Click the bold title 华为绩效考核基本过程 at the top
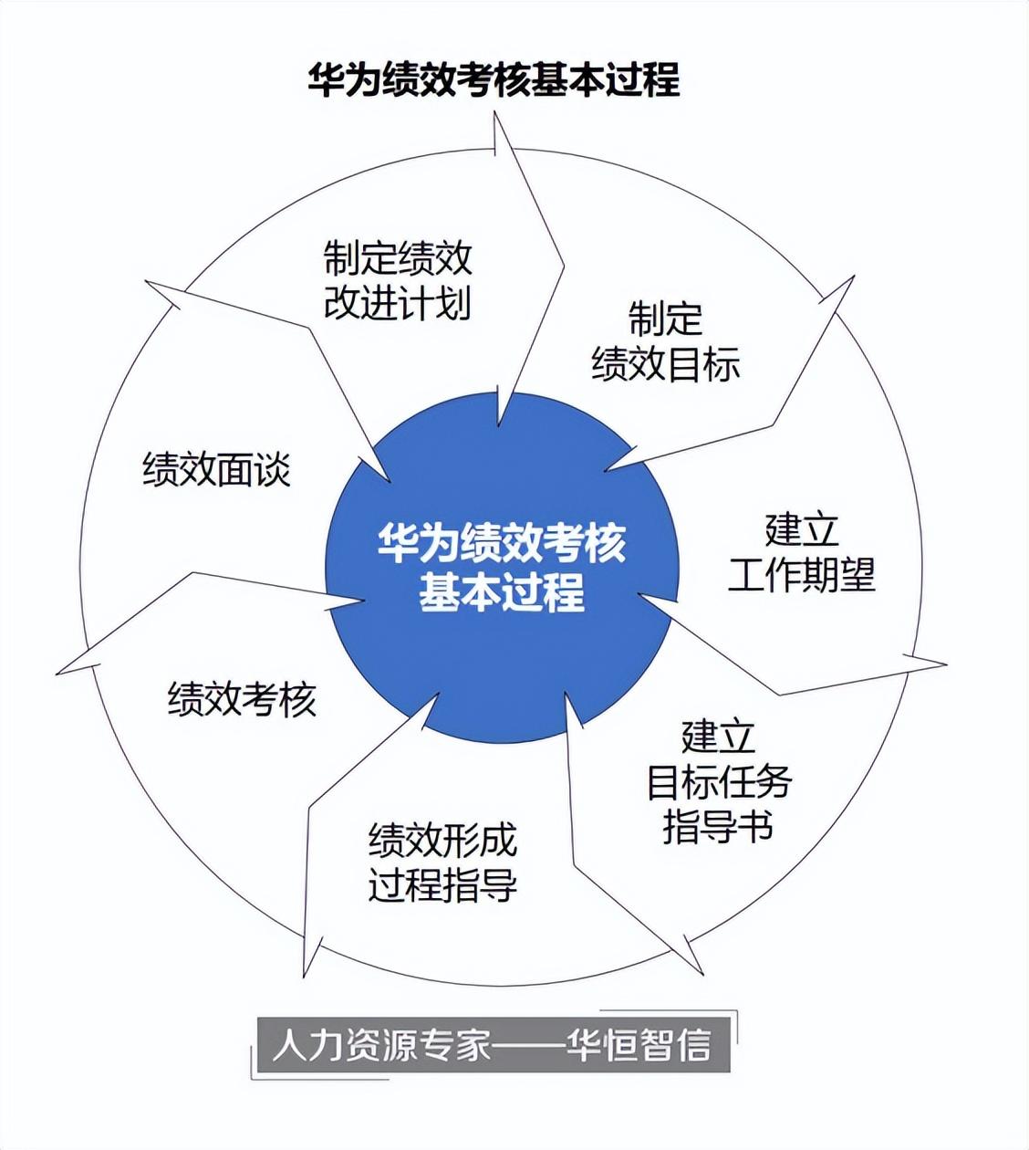[x=494, y=79]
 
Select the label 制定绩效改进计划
[x=398, y=280]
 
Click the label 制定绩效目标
[x=665, y=341]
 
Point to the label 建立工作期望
[x=801, y=552]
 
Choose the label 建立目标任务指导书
[x=719, y=780]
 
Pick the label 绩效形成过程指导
[x=442, y=862]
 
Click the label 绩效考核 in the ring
[x=242, y=699]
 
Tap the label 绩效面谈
[x=216, y=470]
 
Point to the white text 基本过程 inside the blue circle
[x=502, y=592]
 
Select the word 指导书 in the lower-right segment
[x=719, y=826]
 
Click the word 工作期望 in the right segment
[x=801, y=575]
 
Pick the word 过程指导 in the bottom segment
[x=442, y=884]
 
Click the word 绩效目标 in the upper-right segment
[x=665, y=364]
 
